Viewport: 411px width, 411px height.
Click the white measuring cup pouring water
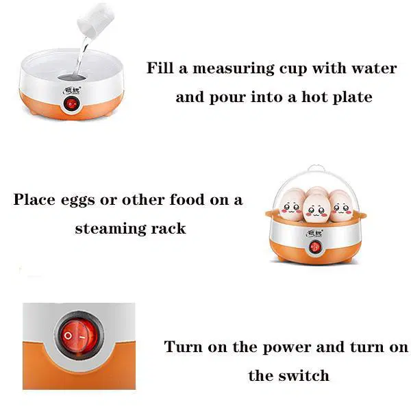95,20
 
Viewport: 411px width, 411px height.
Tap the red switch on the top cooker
71,104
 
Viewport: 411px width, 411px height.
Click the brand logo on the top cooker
72,90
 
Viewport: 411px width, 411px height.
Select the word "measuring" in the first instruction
234,68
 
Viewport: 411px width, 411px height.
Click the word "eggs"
78,200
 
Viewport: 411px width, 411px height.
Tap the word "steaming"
110,229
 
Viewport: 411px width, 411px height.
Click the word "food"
186,199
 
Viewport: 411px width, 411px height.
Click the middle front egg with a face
316,208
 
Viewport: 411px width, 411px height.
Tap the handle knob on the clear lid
316,169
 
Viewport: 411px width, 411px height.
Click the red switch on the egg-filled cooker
315,247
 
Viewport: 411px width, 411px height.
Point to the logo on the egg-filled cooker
314,233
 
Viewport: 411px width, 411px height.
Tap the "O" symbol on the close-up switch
68,336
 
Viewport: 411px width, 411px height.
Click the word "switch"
303,375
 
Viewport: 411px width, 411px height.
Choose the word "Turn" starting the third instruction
183,347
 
